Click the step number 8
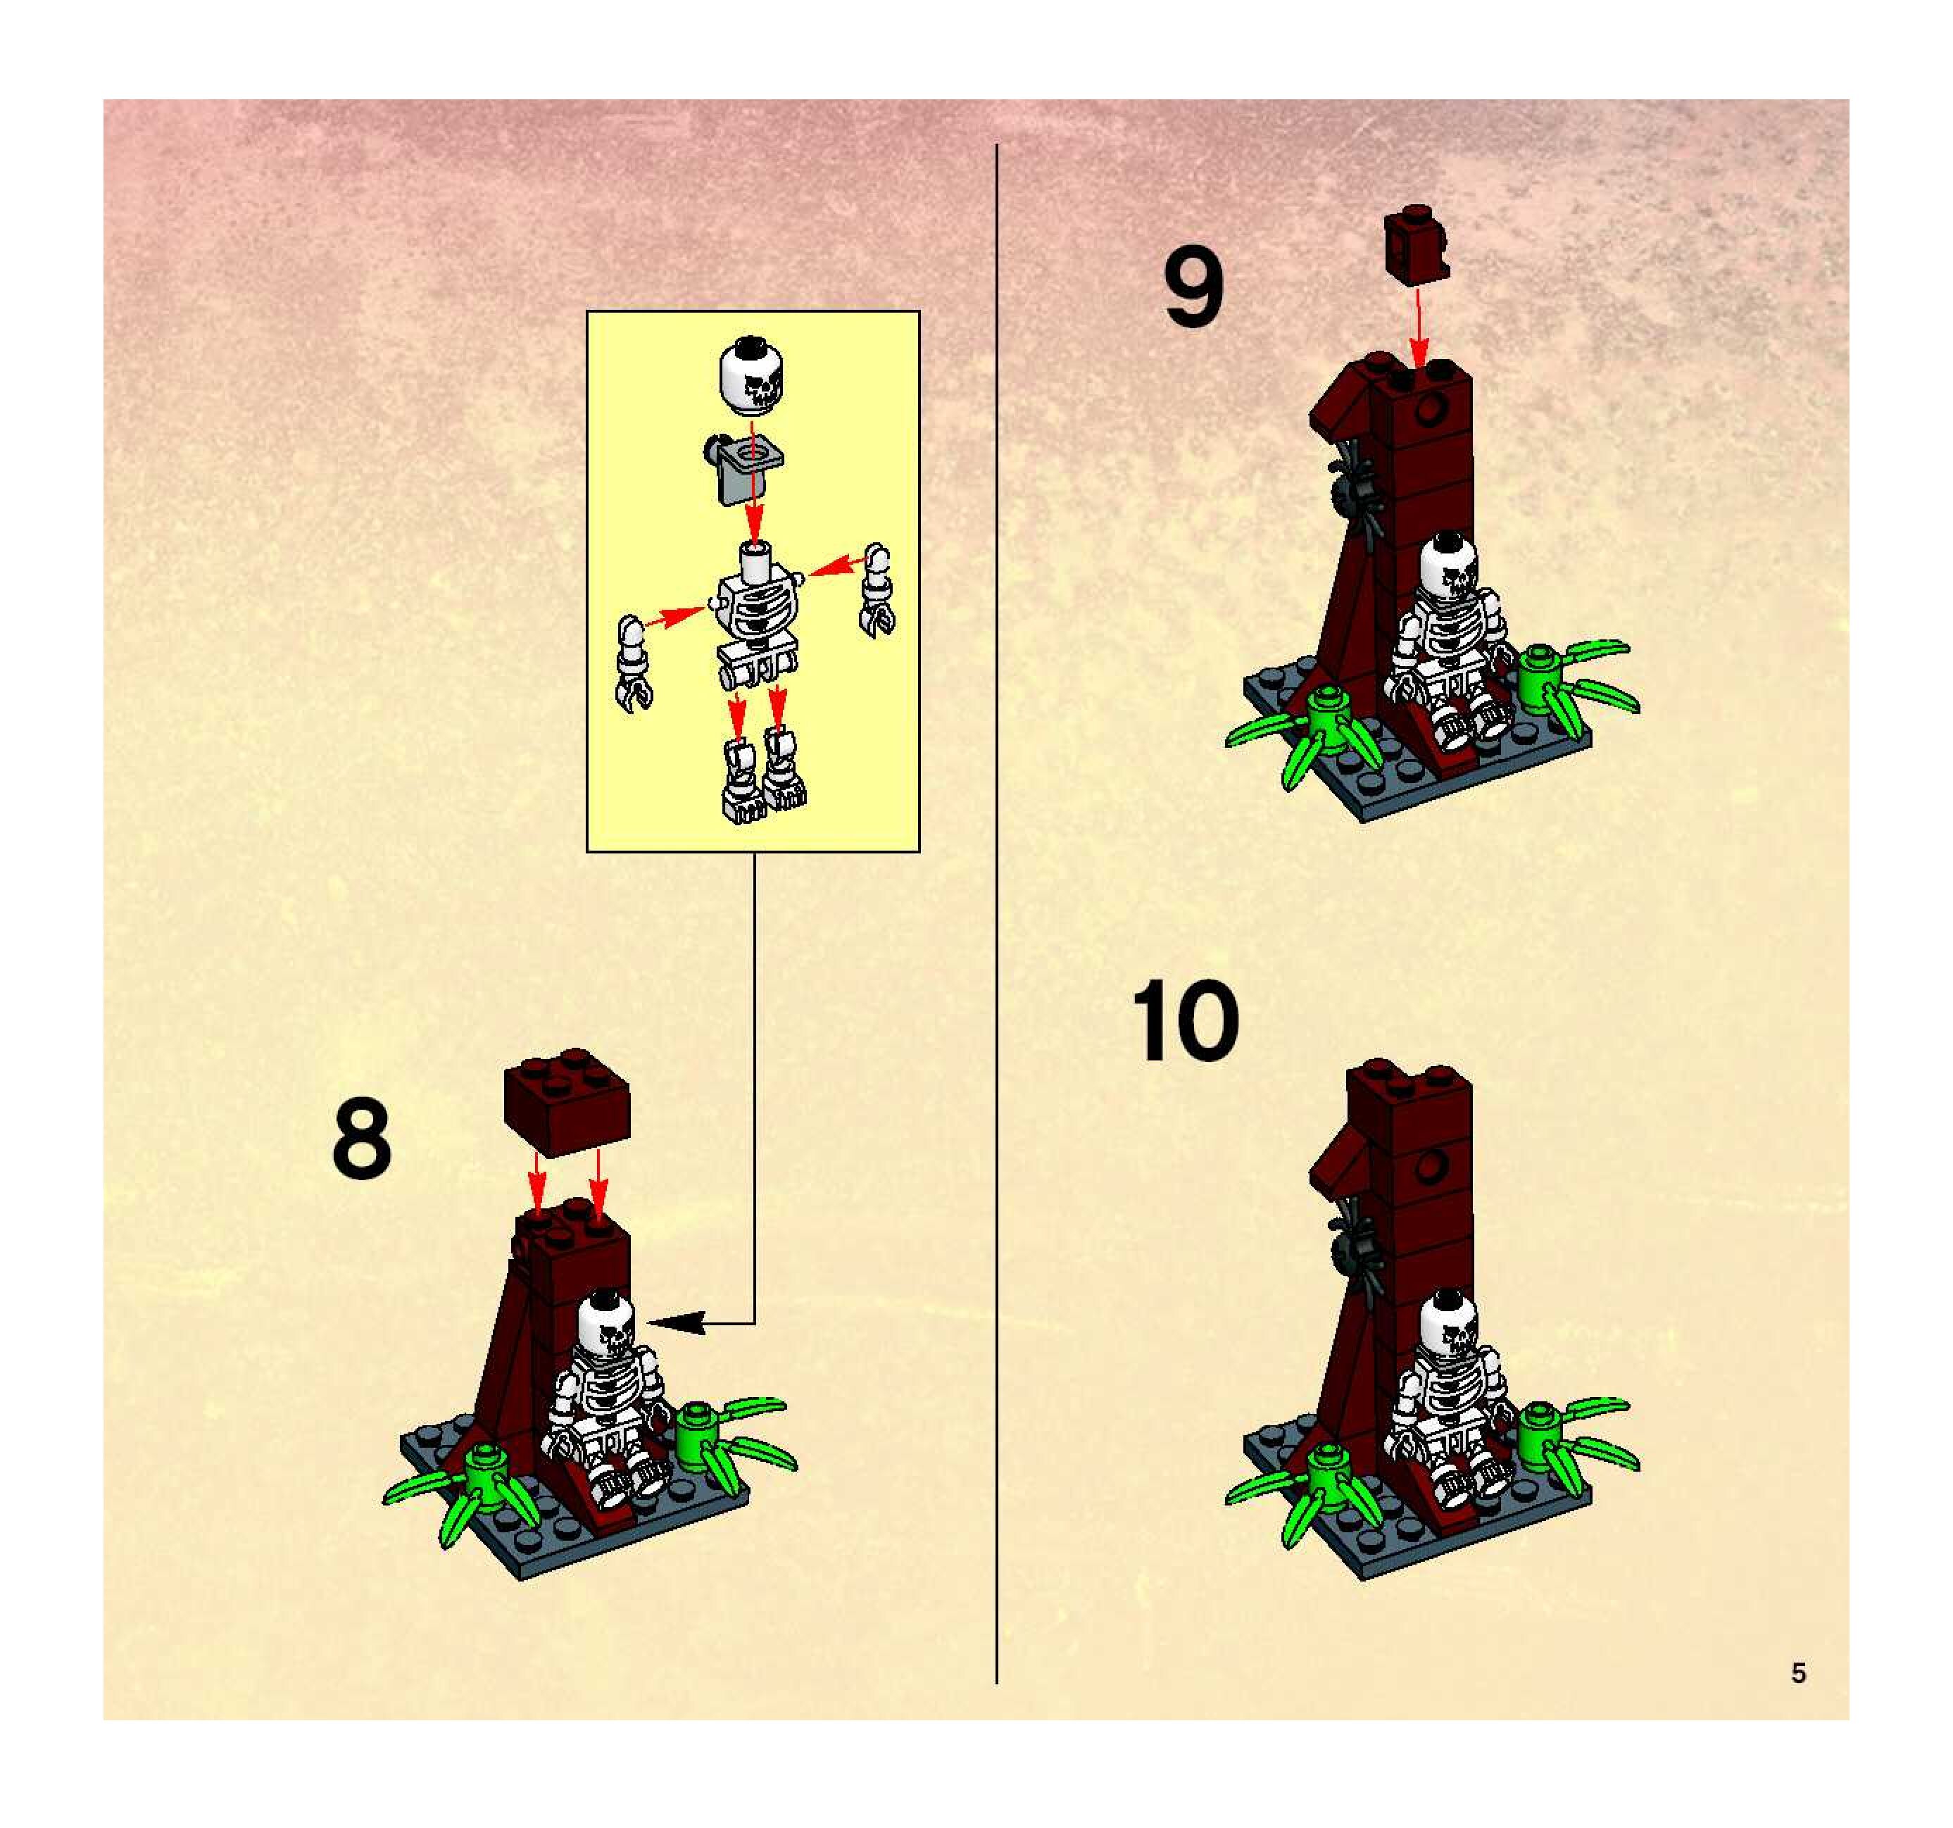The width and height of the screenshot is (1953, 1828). point(361,1139)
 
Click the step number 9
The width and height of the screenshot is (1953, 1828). point(1193,287)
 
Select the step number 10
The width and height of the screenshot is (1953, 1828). point(1185,1020)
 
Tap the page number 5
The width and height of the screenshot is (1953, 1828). point(1798,1672)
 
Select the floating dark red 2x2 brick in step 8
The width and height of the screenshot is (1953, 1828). point(566,1102)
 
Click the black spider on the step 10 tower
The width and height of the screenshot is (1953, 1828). point(1357,1248)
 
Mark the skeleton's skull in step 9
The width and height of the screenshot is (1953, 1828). point(1451,567)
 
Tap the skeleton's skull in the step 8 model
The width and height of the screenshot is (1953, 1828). point(607,1324)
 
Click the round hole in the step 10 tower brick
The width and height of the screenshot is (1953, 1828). point(1431,1167)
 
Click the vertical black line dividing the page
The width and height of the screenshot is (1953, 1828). point(996,914)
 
